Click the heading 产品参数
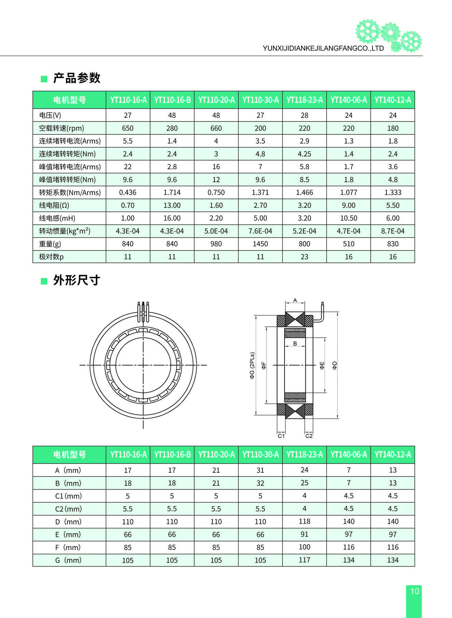pos(77,78)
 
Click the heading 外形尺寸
pos(77,280)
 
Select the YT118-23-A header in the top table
pos(304,100)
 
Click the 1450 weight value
pos(260,244)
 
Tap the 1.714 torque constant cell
pos(172,192)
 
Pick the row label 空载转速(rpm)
pos(61,128)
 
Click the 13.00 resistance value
pos(172,205)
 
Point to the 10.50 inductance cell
pos(348,218)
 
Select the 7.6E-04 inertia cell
pos(260,231)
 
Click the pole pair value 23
pos(304,257)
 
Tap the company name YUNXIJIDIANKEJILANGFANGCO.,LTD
pos(323,48)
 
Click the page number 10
pos(414,591)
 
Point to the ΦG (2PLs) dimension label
pos(252,365)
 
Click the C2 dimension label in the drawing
pos(309,436)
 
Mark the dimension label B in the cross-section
pos(295,343)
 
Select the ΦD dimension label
pos(335,365)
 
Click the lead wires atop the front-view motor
pos(143,311)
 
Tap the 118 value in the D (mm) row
pos(304,521)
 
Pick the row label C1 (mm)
pos(68,496)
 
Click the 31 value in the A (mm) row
pos(260,470)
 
